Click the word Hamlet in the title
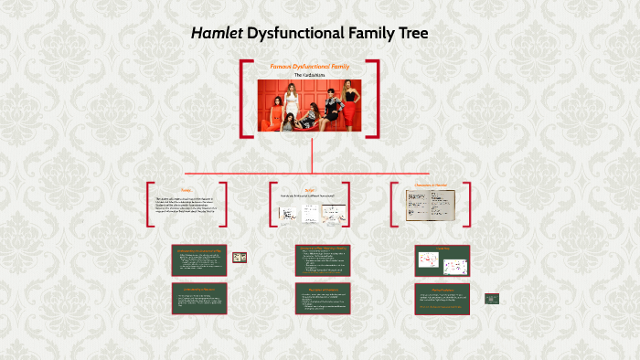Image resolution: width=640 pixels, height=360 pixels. (217, 34)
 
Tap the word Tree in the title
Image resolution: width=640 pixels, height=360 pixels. (409, 34)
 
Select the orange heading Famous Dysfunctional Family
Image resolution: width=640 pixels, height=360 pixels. (309, 66)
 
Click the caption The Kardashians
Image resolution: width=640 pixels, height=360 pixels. (309, 75)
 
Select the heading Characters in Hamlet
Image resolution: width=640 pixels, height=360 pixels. (430, 186)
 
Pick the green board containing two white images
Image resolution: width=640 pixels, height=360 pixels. (442, 262)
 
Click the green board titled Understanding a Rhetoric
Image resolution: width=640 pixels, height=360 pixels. (200, 300)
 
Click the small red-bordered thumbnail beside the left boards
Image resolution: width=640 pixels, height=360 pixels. (240, 258)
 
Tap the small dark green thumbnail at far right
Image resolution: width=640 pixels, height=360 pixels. (492, 298)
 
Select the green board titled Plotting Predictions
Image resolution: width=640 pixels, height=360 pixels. (442, 299)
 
